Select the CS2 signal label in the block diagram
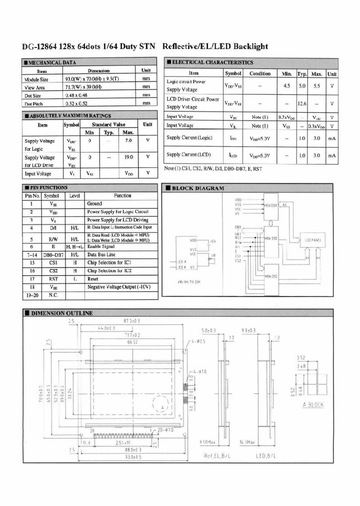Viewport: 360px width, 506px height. pyautogui.click(x=238, y=260)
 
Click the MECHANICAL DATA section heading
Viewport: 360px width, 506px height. pyautogui.click(x=49, y=62)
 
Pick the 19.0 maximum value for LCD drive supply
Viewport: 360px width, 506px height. pyautogui.click(x=128, y=157)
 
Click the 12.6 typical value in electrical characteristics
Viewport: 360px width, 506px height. pyautogui.click(x=302, y=103)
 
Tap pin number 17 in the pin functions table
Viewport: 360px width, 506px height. pyautogui.click(x=31, y=278)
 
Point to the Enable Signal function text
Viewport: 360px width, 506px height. pyautogui.click(x=102, y=246)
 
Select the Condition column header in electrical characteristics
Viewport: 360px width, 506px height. pyautogui.click(x=260, y=73)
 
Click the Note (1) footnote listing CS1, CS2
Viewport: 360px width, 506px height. pyautogui.click(x=212, y=168)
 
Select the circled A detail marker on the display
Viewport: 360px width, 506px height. pyautogui.click(x=162, y=407)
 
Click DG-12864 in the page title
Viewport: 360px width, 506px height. pyautogui.click(x=39, y=46)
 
